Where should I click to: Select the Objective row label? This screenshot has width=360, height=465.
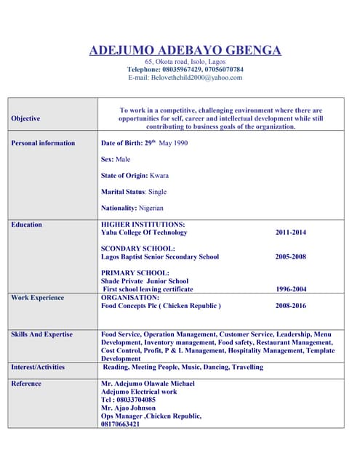(26, 118)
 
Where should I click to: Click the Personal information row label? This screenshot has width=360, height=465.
(43, 143)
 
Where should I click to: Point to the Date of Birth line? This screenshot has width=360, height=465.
(144, 143)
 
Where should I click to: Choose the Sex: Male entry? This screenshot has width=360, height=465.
(116, 159)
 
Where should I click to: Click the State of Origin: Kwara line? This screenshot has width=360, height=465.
(135, 176)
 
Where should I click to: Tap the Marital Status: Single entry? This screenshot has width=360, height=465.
(134, 192)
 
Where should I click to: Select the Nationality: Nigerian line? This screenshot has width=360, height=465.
(132, 208)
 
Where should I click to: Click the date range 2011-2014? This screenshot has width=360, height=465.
(291, 232)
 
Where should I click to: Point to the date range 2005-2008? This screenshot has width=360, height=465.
(291, 256)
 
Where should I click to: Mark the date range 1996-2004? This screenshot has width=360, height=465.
(291, 289)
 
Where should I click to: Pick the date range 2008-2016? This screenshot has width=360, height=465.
(291, 306)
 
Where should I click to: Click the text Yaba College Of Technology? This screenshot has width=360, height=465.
(144, 232)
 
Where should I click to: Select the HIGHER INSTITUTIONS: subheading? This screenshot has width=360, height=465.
(143, 225)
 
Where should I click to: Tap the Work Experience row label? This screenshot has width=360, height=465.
(37, 297)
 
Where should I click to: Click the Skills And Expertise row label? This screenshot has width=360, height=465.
(41, 334)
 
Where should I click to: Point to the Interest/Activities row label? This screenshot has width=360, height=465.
(38, 367)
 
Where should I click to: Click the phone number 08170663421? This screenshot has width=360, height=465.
(120, 424)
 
